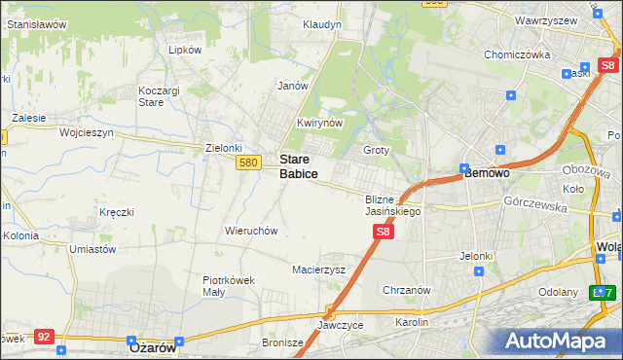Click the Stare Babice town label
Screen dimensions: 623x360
[298, 165]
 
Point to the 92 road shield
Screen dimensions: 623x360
[43, 336]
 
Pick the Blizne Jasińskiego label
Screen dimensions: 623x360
[392, 204]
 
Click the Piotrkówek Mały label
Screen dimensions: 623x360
[228, 285]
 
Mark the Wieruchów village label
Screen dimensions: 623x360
[251, 231]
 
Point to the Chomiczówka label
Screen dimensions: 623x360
[518, 54]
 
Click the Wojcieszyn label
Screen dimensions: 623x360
[87, 131]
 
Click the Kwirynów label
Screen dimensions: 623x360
[319, 124]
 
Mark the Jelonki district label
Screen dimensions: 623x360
[477, 256]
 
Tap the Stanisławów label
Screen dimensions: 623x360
[36, 23]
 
